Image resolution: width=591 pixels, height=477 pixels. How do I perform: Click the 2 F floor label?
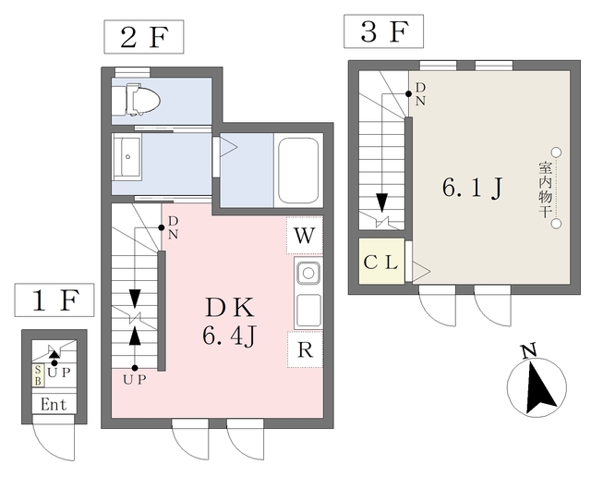(144, 37)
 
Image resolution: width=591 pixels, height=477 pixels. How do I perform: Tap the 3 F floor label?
(383, 31)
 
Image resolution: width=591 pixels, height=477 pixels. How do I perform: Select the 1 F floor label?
(54, 300)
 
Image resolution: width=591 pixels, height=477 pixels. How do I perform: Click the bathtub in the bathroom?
(298, 170)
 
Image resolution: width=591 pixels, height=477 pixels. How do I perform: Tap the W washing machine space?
(305, 236)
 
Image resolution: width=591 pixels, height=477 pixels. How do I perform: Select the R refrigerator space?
(305, 349)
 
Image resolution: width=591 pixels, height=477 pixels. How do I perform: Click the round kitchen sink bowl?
(308, 273)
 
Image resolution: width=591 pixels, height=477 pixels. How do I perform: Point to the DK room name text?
(230, 309)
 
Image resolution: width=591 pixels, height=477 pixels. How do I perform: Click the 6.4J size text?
(230, 336)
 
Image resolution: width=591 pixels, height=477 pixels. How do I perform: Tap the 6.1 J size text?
(473, 188)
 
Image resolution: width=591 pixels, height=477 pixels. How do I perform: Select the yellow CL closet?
(381, 261)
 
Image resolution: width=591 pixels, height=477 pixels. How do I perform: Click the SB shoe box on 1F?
(38, 375)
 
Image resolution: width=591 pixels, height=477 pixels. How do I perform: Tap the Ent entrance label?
(54, 405)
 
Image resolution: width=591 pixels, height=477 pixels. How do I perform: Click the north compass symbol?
(537, 385)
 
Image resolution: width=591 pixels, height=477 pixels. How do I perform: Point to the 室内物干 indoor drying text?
(544, 190)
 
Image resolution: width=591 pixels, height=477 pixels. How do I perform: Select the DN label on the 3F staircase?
(420, 94)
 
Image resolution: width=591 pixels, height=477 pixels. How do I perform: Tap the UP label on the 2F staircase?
(135, 380)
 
